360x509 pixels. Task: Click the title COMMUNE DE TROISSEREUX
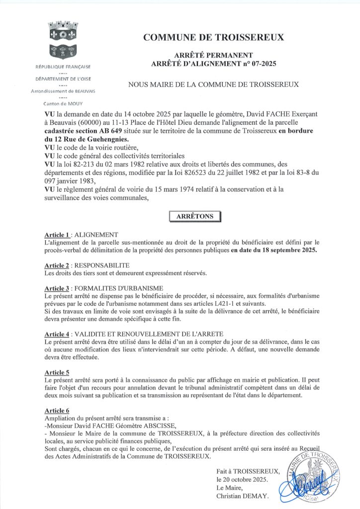click(214, 37)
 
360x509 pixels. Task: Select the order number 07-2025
click(260, 63)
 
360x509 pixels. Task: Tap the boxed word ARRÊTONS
click(195, 216)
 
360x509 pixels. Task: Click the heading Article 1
click(58, 235)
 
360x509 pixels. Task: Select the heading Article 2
click(58, 266)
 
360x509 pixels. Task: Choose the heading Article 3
click(58, 288)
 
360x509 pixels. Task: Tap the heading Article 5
click(57, 372)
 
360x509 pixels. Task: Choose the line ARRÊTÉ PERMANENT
click(213, 55)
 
